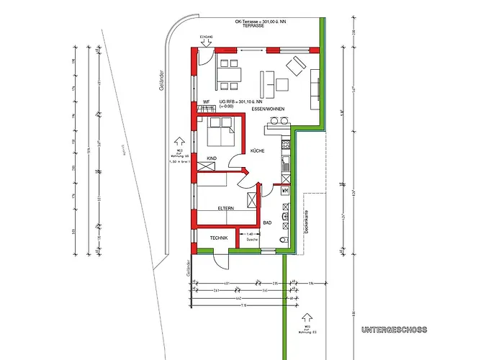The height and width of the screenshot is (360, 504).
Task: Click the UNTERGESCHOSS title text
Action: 393,330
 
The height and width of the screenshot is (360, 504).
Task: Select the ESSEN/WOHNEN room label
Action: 269,109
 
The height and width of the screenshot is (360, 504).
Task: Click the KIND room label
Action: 212,158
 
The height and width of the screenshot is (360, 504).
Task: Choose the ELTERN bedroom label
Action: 226,209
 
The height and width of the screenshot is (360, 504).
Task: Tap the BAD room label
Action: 266,223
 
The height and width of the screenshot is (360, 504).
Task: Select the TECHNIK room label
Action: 219,238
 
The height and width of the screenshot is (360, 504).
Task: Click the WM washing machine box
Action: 285,191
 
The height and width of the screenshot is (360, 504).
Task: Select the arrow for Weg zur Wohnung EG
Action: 308,316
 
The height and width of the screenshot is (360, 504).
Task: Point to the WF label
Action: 206,102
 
